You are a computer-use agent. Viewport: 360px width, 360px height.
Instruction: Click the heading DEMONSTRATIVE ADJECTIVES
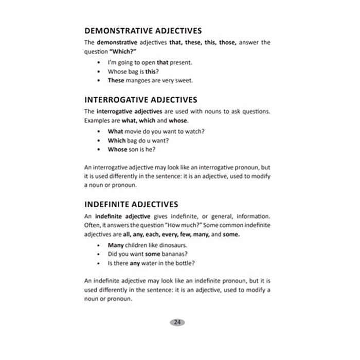(x=142, y=31)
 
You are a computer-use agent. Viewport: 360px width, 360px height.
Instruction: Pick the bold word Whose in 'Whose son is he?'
(x=117, y=150)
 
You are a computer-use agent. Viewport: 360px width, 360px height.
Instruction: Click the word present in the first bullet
(x=182, y=62)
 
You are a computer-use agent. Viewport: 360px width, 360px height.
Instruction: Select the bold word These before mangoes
(x=116, y=81)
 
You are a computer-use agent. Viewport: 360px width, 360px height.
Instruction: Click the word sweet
(x=184, y=81)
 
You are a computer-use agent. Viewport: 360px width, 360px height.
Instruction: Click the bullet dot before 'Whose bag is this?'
(x=98, y=71)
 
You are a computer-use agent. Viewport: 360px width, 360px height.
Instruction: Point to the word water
(x=150, y=263)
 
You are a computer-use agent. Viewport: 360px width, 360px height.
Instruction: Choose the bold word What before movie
(x=116, y=131)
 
